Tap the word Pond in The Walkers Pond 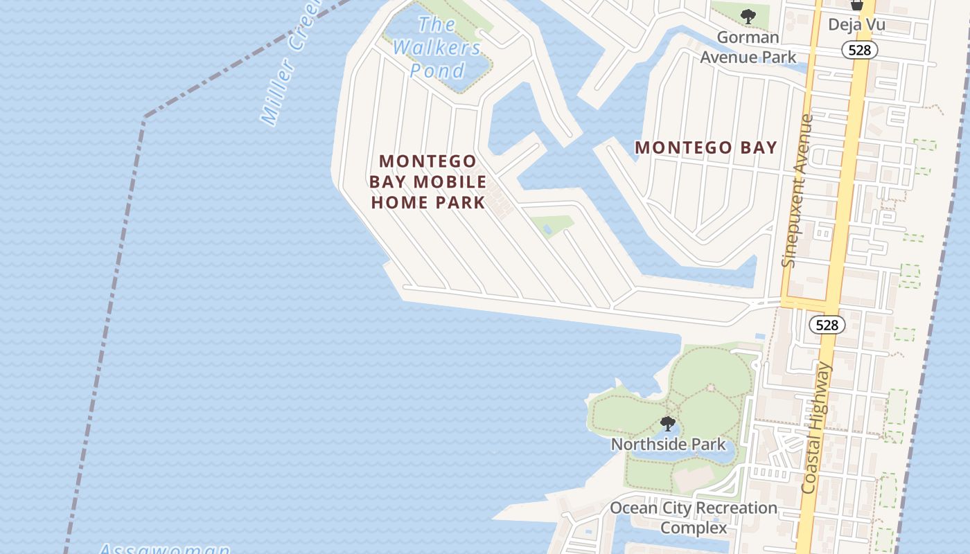[436, 71]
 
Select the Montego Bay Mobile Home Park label [427, 181]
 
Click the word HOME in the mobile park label [399, 202]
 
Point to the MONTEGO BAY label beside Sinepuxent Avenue [705, 148]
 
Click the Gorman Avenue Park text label [748, 47]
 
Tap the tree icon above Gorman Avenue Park [748, 17]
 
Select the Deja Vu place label [856, 25]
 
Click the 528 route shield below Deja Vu [860, 50]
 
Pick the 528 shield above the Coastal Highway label [827, 325]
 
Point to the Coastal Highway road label [816, 428]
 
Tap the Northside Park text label [668, 444]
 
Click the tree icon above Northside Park [668, 423]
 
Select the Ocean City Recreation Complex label [693, 517]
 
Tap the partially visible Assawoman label [164, 549]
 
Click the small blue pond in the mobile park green [547, 228]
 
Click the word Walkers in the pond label [436, 48]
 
